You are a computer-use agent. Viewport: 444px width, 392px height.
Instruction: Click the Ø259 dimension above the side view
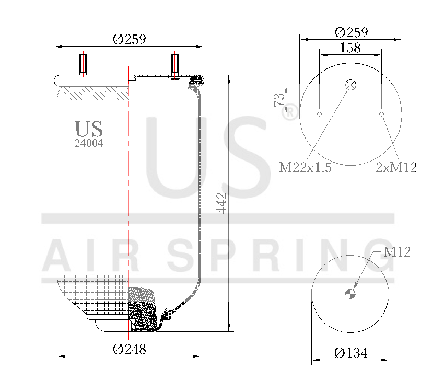tap(129, 39)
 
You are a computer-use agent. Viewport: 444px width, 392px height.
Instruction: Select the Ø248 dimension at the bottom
tap(129, 349)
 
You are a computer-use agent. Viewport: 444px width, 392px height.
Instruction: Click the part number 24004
tap(88, 143)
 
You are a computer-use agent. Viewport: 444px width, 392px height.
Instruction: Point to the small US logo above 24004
tap(88, 129)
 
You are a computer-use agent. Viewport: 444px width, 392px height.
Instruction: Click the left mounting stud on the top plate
tap(83, 64)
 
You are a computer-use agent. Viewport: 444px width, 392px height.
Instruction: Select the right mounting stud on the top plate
tap(174, 66)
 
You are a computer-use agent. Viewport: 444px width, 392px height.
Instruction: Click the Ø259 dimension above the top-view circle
tap(351, 32)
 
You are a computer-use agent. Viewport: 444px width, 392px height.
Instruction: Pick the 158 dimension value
tap(350, 48)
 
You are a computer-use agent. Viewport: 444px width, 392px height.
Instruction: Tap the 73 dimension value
tap(279, 99)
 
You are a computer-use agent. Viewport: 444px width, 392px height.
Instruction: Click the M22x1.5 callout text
tap(306, 168)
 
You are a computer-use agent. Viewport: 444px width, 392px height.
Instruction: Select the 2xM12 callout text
tap(396, 168)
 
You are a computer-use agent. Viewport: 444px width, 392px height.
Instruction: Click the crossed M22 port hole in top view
tap(350, 85)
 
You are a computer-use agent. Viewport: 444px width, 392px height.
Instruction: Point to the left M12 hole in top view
tap(319, 114)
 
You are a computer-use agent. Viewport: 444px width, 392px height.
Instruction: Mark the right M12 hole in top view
tap(382, 114)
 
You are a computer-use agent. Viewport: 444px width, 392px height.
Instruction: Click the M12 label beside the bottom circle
tap(397, 252)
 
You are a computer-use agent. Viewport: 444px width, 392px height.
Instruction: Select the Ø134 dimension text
tap(350, 353)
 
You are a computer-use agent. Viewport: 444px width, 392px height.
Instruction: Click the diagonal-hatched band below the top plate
tap(92, 94)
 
